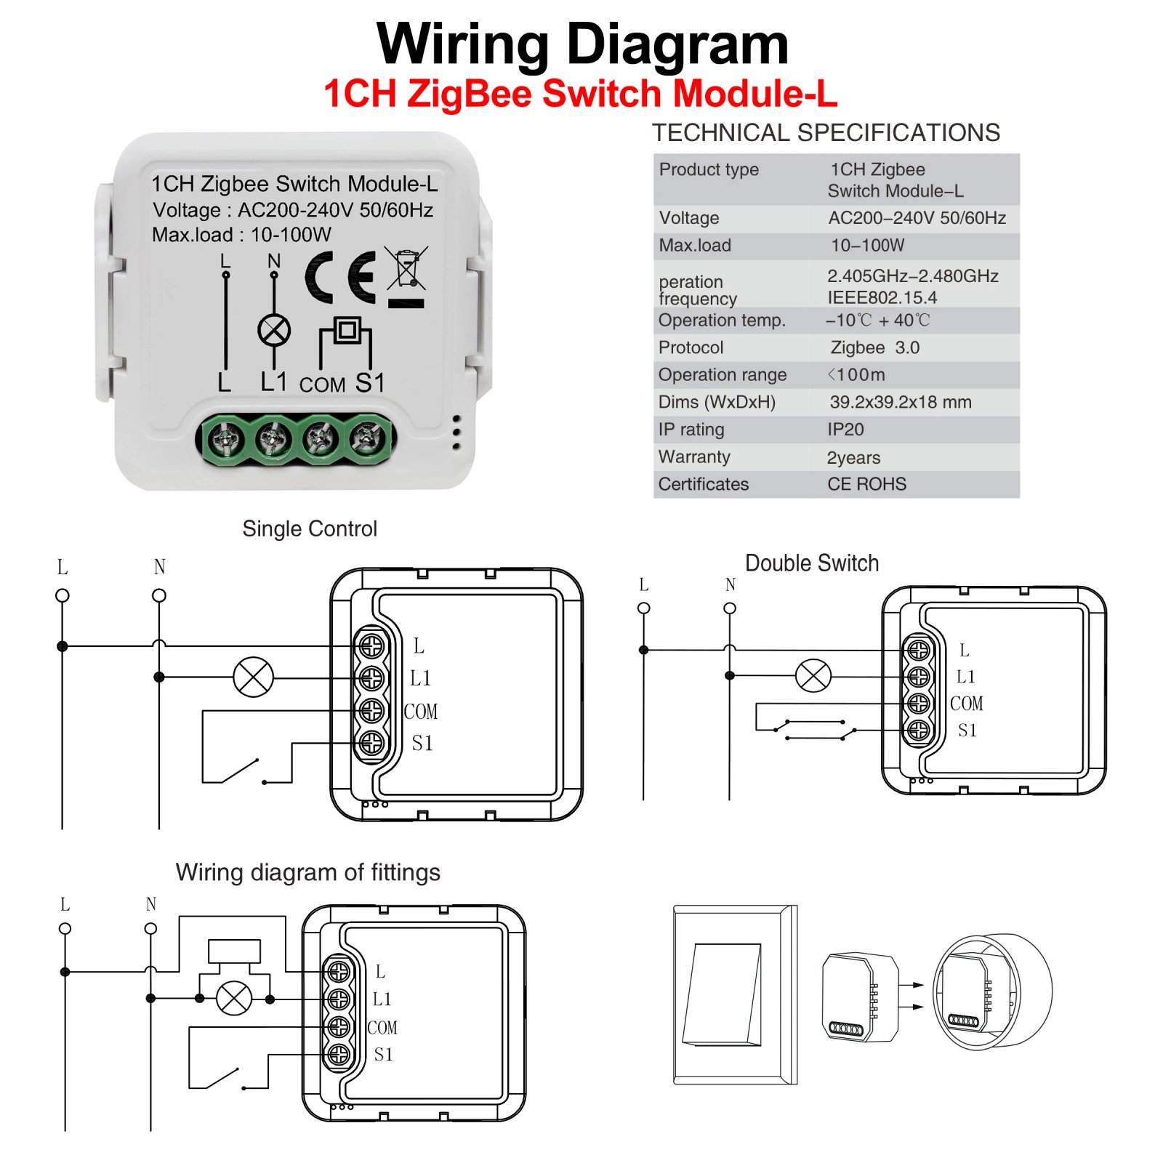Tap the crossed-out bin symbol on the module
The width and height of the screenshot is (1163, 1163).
pos(406,270)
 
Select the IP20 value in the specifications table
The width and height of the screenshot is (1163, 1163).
pos(845,430)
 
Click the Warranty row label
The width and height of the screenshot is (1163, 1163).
pos(694,457)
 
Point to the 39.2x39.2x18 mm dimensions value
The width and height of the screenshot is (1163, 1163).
pos(900,402)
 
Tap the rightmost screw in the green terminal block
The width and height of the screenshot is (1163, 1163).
pos(367,438)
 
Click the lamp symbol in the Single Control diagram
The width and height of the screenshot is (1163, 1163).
pos(253,677)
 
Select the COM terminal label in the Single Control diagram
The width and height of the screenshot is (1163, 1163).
pos(421,712)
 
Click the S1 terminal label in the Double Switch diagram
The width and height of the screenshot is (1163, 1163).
pos(967,731)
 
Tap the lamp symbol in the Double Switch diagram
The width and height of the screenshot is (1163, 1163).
pos(813,676)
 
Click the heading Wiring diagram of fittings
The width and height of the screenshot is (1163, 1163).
pos(307,872)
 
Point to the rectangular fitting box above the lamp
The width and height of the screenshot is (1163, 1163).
pos(234,951)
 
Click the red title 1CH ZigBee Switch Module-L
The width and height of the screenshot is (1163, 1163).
pos(580,94)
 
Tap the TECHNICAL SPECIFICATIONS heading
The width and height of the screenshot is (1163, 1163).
pos(826,133)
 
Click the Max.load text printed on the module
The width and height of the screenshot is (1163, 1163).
pos(241,235)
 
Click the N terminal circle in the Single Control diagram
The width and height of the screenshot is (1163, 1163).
pos(159,595)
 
